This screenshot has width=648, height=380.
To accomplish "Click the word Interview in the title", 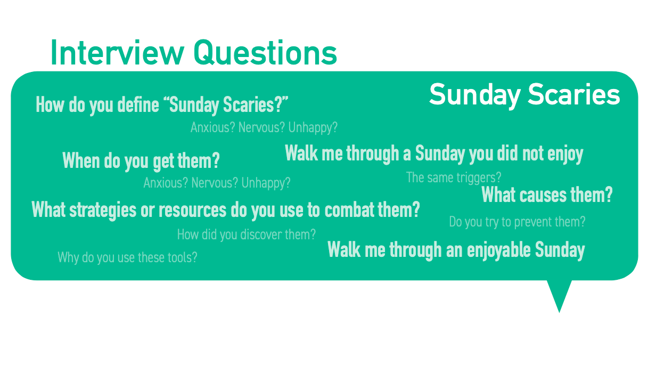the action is pos(118,53).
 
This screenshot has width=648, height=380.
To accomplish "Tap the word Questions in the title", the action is pos(266,53).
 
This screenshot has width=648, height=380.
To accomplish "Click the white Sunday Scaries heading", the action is pos(524,95).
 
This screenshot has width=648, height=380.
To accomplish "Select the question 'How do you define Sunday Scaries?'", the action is pos(162,105).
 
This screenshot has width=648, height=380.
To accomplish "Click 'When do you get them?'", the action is pos(141,161).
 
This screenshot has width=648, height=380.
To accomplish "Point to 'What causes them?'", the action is pos(547,195).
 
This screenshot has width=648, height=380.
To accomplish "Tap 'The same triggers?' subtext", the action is pos(454,177).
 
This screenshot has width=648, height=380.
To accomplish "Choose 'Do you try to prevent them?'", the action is pos(517,222).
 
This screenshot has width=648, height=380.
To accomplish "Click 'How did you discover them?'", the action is pos(247,235).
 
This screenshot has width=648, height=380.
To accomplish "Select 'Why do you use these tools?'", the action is pos(127,257).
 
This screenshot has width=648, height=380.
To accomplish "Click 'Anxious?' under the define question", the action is pos(212,127).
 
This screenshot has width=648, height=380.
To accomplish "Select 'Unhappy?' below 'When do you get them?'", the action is pos(266,183).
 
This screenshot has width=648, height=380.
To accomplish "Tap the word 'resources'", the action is pos(192,211).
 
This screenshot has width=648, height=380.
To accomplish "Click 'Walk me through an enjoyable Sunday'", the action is pos(456,250).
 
